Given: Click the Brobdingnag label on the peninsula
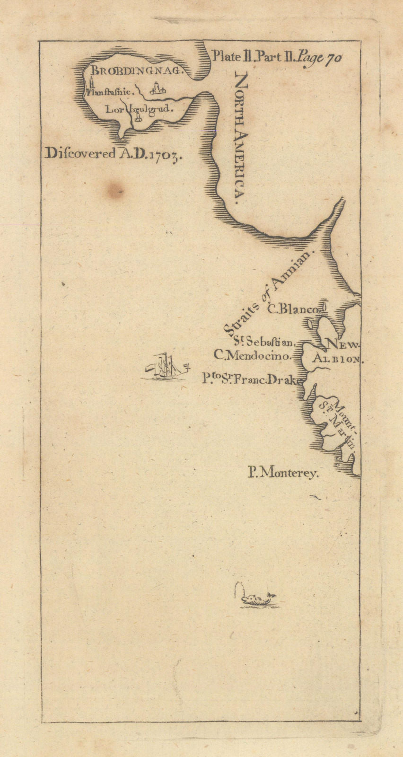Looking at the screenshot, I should pos(136,71).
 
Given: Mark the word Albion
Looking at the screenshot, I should pos(336,359).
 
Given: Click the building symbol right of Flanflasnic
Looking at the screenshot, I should pos(158,88).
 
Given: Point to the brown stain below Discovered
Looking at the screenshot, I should pos(115,190).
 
